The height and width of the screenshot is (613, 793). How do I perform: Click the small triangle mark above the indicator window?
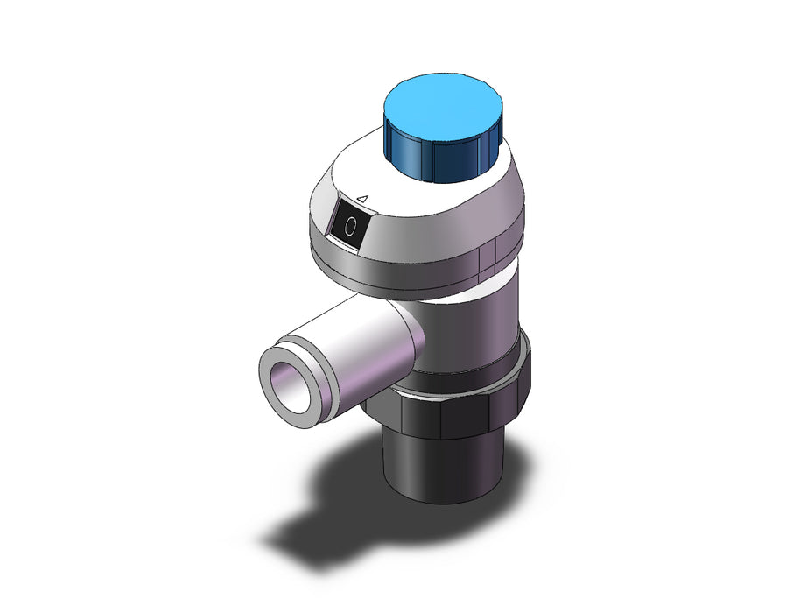(362, 199)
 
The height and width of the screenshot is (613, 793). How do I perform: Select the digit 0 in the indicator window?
(350, 226)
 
